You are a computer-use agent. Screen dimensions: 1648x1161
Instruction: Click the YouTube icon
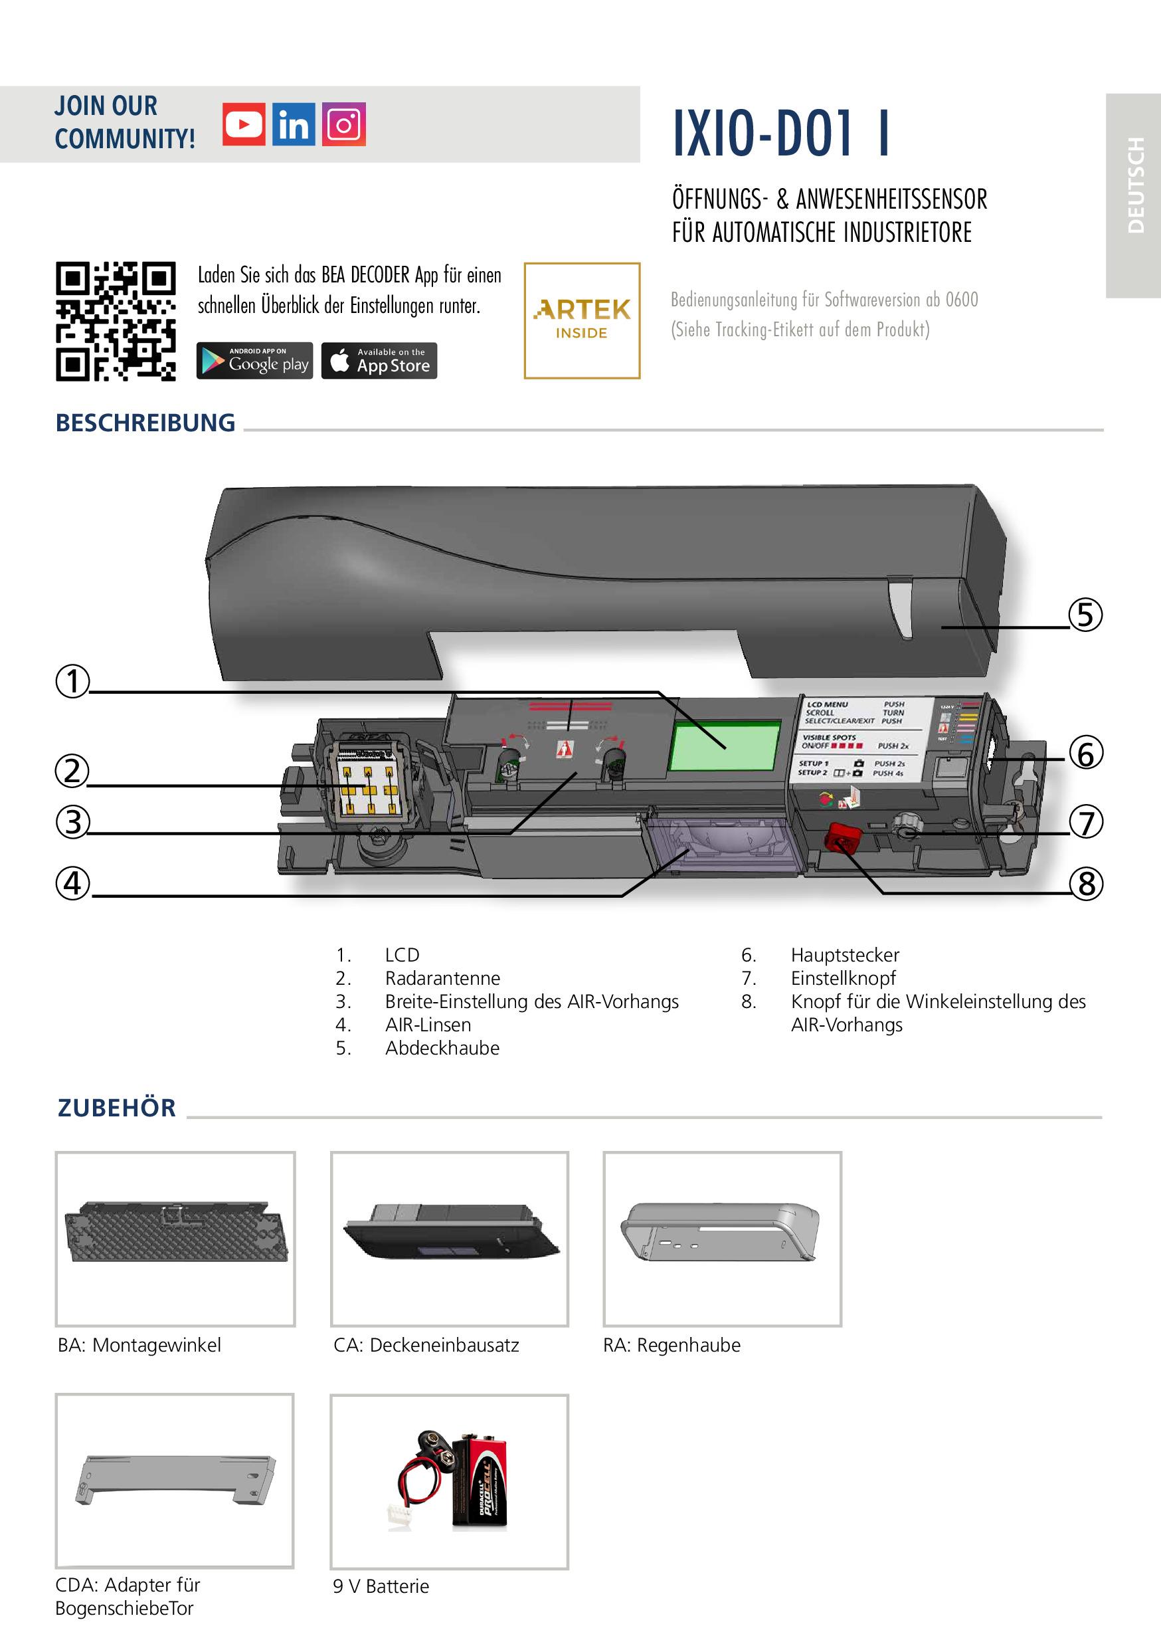tap(243, 124)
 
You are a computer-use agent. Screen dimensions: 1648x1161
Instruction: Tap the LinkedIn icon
tap(294, 124)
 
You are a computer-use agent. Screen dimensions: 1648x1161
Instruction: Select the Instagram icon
tap(343, 124)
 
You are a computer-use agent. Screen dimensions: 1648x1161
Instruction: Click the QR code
tap(116, 321)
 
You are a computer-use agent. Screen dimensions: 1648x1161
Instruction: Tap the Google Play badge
tap(255, 360)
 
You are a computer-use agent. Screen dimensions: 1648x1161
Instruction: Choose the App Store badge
tap(379, 360)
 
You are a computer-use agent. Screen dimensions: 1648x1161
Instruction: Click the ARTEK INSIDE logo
tap(582, 320)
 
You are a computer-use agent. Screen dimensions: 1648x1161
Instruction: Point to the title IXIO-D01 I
tap(781, 134)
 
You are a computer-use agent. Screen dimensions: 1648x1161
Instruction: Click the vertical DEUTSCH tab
tap(1134, 185)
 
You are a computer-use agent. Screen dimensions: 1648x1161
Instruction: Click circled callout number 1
tap(72, 681)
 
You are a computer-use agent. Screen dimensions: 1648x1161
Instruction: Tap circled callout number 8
tap(1087, 884)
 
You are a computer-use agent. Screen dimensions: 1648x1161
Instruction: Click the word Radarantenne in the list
tap(442, 978)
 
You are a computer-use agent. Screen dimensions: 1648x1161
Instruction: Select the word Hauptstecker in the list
tap(845, 956)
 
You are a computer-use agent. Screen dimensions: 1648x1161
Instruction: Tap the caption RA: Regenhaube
tap(671, 1345)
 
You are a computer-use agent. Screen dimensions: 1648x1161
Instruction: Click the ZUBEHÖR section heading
tap(117, 1108)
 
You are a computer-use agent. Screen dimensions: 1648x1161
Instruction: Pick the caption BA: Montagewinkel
tap(139, 1345)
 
